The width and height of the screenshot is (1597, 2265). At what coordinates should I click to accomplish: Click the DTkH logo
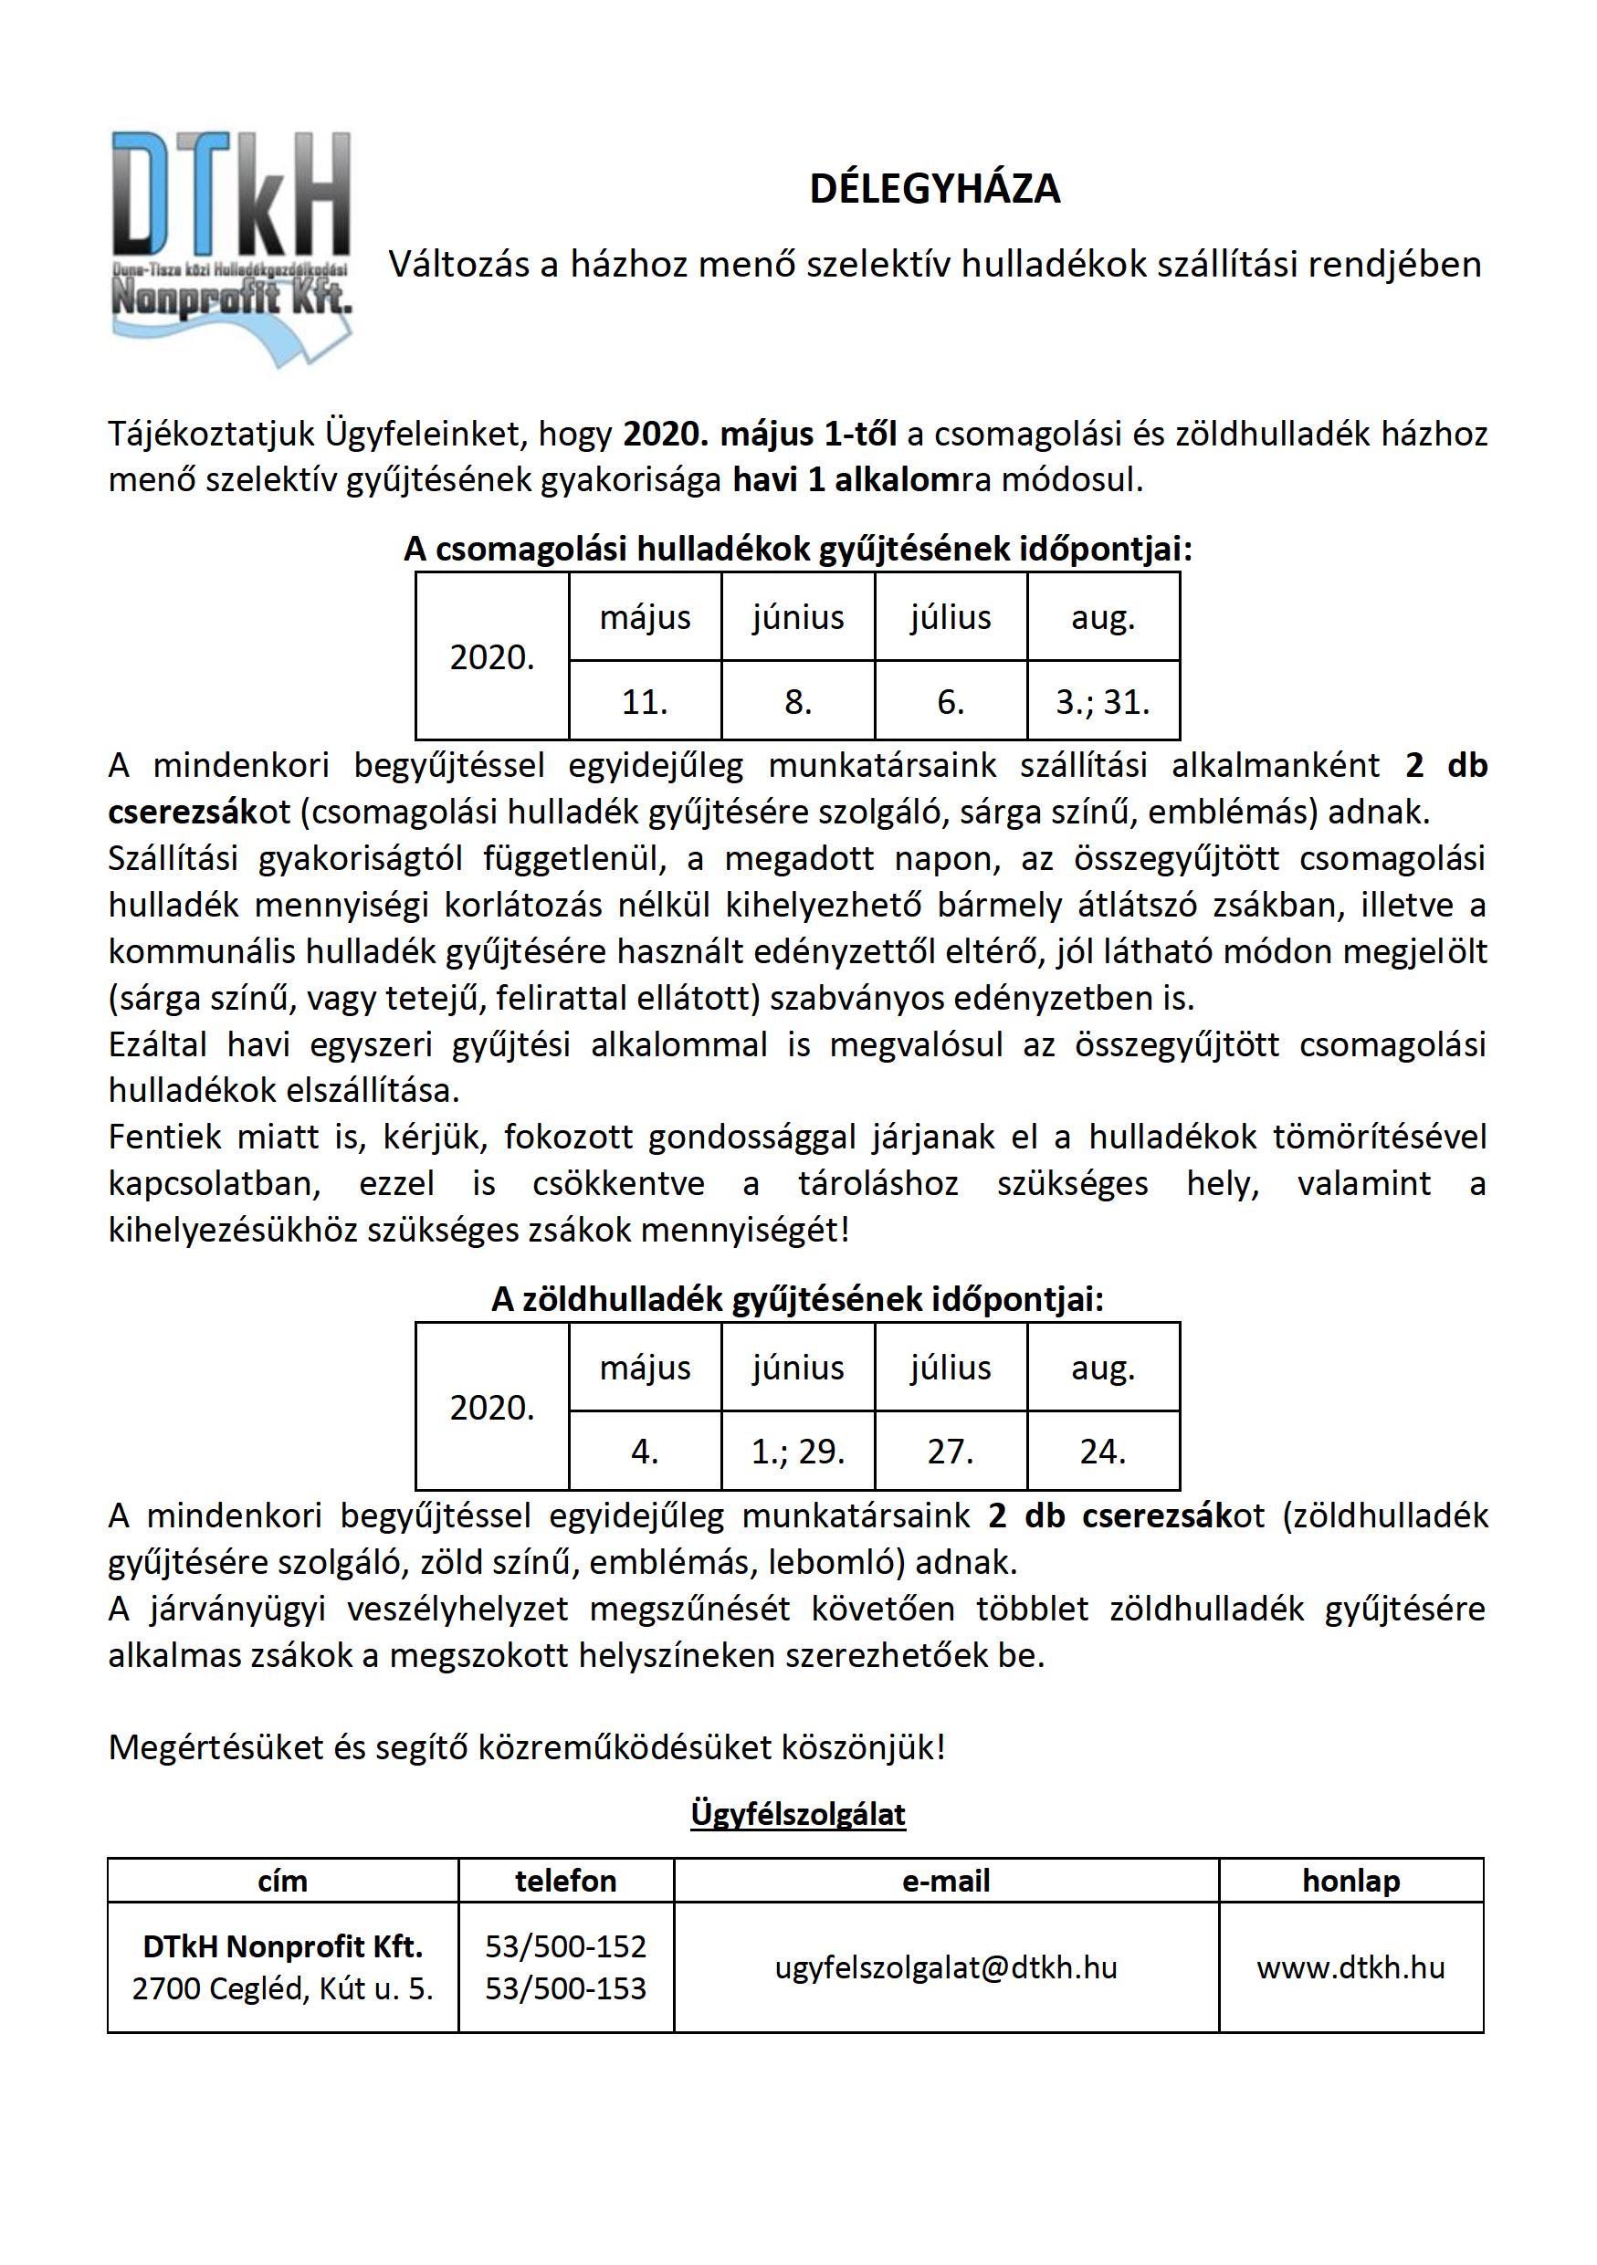click(232, 247)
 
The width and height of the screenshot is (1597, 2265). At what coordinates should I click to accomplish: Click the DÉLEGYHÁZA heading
click(934, 188)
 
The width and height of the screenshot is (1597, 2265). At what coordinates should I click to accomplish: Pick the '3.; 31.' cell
click(1102, 701)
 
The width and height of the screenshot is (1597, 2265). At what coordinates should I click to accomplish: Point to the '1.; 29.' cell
click(797, 1452)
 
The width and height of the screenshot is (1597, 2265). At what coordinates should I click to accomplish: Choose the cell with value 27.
click(950, 1452)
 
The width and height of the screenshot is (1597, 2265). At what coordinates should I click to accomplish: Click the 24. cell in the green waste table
click(1102, 1452)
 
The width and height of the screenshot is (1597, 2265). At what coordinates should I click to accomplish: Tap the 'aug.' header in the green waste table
click(1102, 1368)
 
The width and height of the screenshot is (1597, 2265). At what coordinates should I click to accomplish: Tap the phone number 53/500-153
click(565, 1987)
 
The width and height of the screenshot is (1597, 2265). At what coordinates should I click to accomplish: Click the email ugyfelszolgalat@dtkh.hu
click(945, 1967)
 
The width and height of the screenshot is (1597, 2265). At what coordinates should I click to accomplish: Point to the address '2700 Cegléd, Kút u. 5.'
click(282, 1987)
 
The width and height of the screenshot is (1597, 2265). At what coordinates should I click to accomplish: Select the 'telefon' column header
click(565, 1881)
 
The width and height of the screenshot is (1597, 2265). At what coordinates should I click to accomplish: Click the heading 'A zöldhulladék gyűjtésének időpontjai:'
click(797, 1299)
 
